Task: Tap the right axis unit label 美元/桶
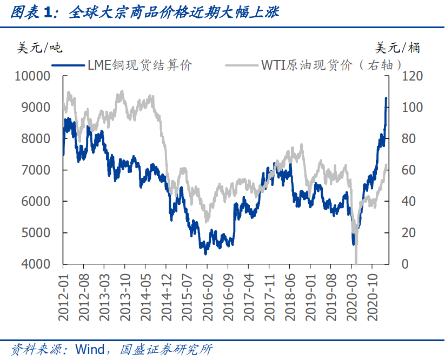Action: tap(398, 48)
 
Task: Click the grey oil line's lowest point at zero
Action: tap(356, 263)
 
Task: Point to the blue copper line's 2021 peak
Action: tap(386, 98)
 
